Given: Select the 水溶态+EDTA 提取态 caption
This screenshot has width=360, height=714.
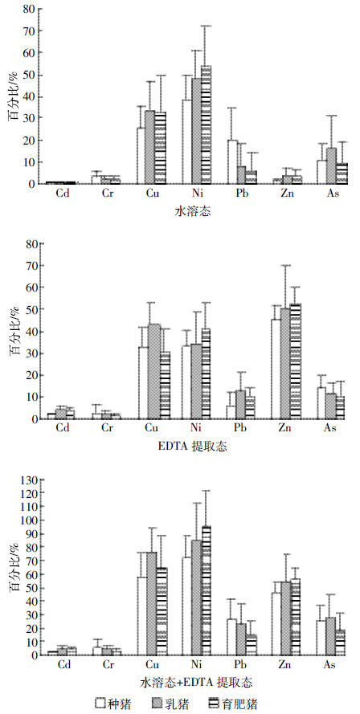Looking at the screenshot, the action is pyautogui.click(x=195, y=683).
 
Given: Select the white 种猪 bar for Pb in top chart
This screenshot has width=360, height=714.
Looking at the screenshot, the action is pyautogui.click(x=232, y=162).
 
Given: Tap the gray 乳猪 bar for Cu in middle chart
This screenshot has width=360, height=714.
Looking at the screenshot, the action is pyautogui.click(x=153, y=372).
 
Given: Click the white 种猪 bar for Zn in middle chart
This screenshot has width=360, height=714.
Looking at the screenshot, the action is pyautogui.click(x=276, y=369).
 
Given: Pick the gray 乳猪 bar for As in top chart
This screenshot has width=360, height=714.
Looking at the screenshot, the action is pyautogui.click(x=331, y=165).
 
